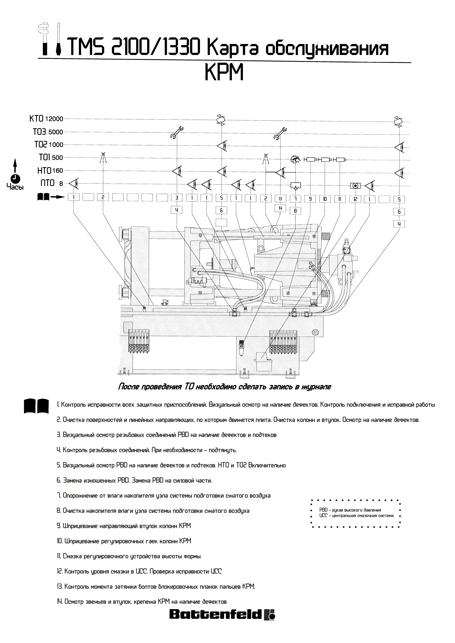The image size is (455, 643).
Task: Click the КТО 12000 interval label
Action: pyautogui.click(x=46, y=119)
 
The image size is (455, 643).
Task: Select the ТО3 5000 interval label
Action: pyautogui.click(x=48, y=132)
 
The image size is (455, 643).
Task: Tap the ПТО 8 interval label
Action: pyautogui.click(x=52, y=183)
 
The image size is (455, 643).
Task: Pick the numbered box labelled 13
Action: pyautogui.click(x=280, y=199)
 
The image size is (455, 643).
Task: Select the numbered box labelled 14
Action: pyautogui.click(x=280, y=208)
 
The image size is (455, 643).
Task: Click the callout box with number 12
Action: pyautogui.click(x=355, y=199)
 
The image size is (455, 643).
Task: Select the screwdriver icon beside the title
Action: pyautogui.click(x=59, y=39)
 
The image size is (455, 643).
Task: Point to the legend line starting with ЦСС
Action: pyautogui.click(x=356, y=516)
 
